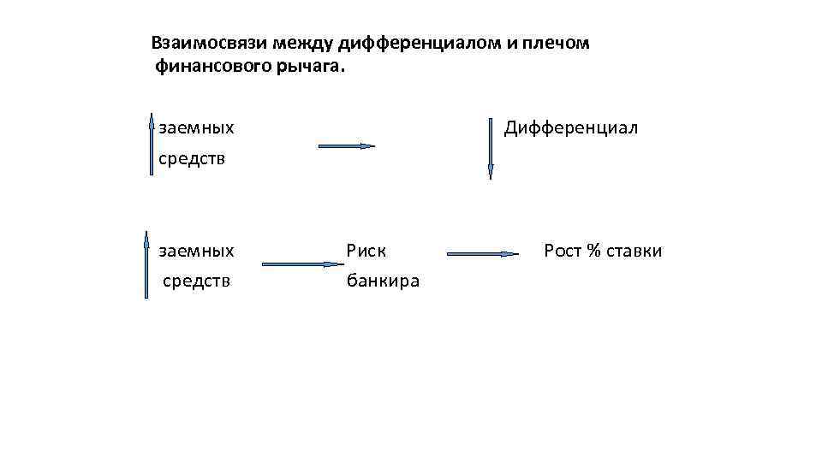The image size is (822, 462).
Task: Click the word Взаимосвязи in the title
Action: [x=199, y=43]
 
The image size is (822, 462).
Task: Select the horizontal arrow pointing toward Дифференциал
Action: [x=347, y=146]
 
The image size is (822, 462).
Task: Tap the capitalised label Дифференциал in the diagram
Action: [x=571, y=128]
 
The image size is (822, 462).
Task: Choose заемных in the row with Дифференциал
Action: [x=197, y=128]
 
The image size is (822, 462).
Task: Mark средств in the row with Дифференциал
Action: [x=193, y=159]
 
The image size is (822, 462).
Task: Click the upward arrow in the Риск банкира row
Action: [x=146, y=268]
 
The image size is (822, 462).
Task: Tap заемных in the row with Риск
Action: [x=197, y=251]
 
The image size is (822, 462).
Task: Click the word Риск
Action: [x=366, y=251]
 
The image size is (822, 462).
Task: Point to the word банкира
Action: [x=383, y=281]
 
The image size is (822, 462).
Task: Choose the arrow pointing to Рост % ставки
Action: [x=483, y=254]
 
